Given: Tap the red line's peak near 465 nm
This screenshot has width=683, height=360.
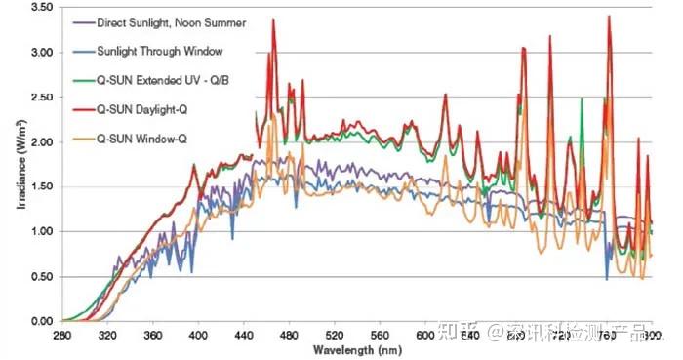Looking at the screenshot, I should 274,20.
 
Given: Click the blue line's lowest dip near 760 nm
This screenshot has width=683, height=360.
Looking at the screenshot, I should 607,279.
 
